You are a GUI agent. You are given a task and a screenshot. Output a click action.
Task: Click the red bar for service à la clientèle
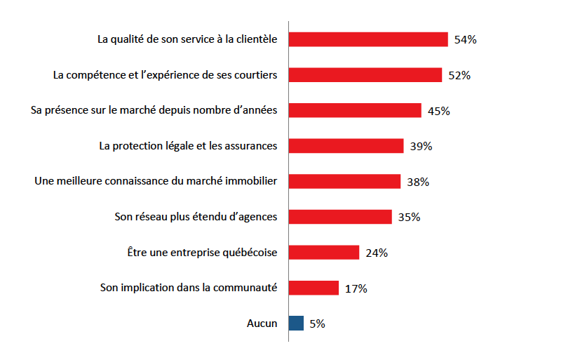coord(368,39)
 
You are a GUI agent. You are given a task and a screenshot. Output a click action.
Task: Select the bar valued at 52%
coord(365,75)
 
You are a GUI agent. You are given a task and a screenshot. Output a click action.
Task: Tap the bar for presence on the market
coord(355,111)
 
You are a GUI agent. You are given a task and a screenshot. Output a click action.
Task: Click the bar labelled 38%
coord(344,182)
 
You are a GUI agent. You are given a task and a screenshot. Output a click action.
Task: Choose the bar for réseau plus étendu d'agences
coord(340,217)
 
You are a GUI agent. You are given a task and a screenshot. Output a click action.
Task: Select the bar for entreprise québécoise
coord(324,253)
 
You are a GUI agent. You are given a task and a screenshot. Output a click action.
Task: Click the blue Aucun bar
coord(297,324)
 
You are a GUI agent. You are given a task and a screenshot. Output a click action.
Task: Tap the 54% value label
coord(465,40)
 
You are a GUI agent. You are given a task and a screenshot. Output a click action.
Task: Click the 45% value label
coord(438,111)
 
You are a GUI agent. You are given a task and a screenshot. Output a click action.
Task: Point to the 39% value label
coord(421,147)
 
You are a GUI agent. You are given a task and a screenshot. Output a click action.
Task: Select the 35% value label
coord(409,218)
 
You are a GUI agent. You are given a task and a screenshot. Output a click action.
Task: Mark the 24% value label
coord(377,253)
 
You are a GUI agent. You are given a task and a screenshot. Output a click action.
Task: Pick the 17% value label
coord(356,289)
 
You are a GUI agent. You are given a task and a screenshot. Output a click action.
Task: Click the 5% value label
coord(317,324)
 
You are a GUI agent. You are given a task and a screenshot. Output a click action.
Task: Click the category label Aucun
coord(262,324)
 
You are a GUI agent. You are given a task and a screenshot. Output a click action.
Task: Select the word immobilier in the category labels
coord(248,182)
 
